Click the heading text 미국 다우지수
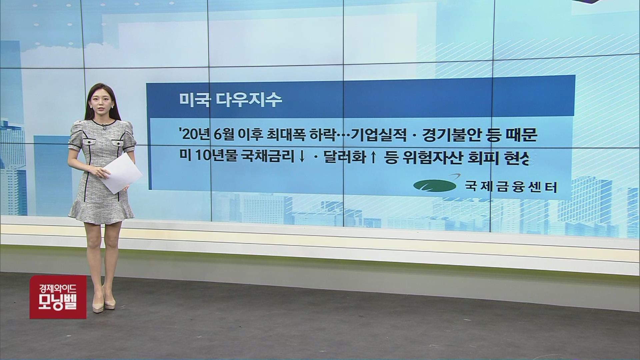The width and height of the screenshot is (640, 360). [x=230, y=100]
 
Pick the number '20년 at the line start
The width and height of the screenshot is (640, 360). [x=194, y=136]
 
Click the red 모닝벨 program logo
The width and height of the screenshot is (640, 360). [x=58, y=297]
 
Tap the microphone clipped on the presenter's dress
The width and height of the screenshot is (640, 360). [x=104, y=127]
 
